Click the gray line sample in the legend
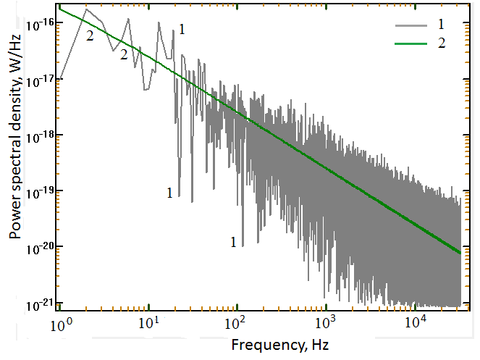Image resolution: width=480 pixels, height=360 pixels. pyautogui.click(x=408, y=26)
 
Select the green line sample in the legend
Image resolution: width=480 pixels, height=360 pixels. pyautogui.click(x=408, y=43)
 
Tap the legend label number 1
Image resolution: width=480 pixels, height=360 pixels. pyautogui.click(x=441, y=26)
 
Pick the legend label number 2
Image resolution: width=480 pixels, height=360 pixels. pyautogui.click(x=441, y=43)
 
